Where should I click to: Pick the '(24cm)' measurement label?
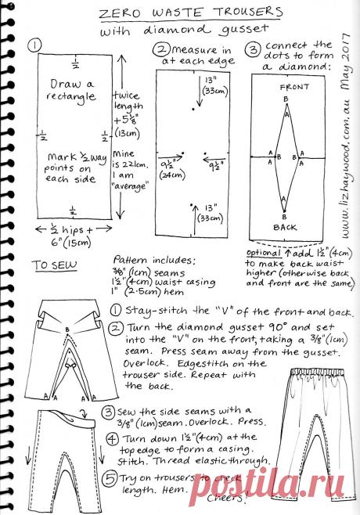click(167, 175)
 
